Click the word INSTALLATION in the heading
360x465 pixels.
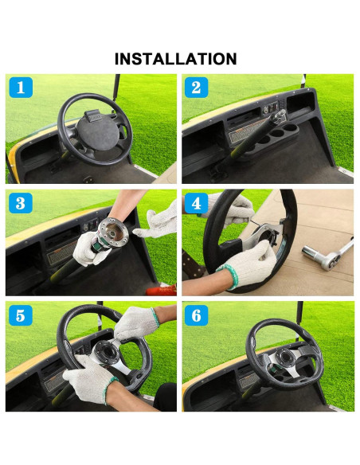[x=175, y=59]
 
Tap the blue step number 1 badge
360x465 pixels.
[x=20, y=88]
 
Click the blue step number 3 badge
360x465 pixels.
[x=20, y=202]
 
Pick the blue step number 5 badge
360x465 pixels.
[x=20, y=316]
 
